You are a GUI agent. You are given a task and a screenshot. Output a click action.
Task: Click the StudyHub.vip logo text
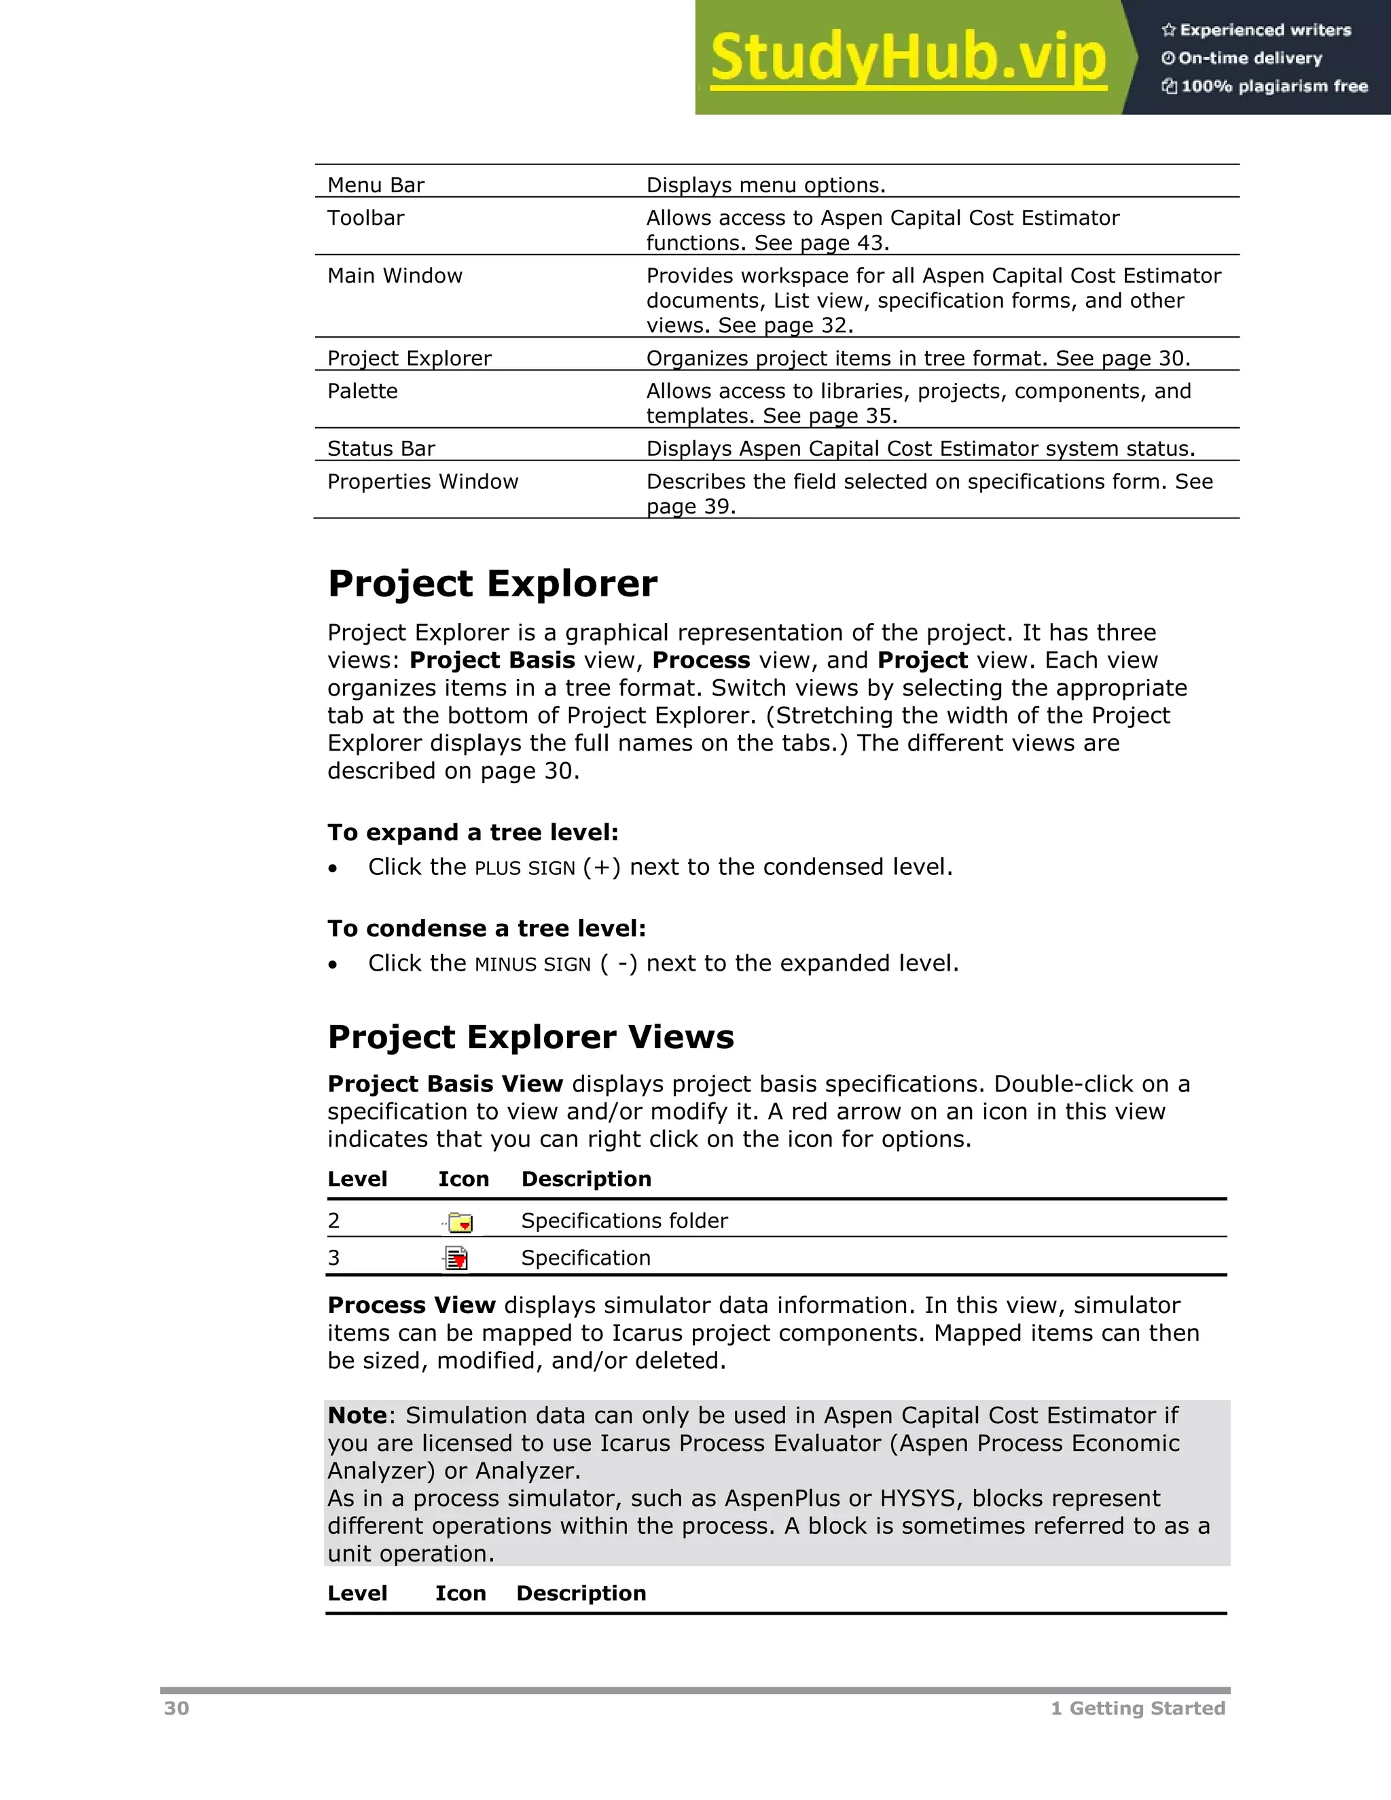(907, 58)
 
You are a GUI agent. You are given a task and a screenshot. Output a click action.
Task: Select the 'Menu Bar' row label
(376, 185)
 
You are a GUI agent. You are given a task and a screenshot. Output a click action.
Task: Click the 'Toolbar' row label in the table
(366, 217)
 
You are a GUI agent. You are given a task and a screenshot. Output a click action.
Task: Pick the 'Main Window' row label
(395, 275)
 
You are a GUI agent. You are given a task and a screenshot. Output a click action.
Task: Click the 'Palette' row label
(363, 391)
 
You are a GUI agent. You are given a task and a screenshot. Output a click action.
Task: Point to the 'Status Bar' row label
(381, 448)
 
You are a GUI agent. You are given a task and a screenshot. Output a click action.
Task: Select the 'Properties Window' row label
(422, 482)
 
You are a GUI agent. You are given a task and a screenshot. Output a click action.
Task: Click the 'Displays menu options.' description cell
(765, 185)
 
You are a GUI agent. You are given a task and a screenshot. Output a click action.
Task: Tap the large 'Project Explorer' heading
(492, 583)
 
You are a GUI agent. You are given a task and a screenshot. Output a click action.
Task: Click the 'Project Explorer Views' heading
(530, 1037)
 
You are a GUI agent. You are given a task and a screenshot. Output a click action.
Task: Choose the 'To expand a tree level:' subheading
(472, 833)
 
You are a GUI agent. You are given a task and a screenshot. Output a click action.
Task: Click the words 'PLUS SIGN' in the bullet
(525, 869)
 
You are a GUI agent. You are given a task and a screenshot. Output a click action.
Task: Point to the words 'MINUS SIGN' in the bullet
(532, 965)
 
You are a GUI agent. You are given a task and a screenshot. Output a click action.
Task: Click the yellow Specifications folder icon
(460, 1222)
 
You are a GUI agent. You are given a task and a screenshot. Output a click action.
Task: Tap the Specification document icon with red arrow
(456, 1259)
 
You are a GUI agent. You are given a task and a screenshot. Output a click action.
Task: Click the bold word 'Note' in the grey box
(357, 1415)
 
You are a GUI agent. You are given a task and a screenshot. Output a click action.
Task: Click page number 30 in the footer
(177, 1708)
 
